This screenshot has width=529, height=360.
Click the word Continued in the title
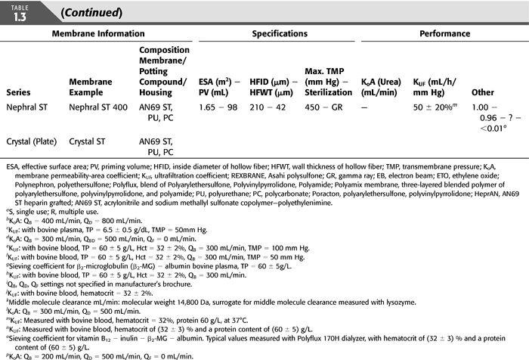pyautogui.click(x=90, y=13)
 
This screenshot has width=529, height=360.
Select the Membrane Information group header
pyautogui.click(x=98, y=34)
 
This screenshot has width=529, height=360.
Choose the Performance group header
pyautogui.click(x=444, y=34)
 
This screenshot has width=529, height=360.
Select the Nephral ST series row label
pyautogui.click(x=32, y=108)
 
